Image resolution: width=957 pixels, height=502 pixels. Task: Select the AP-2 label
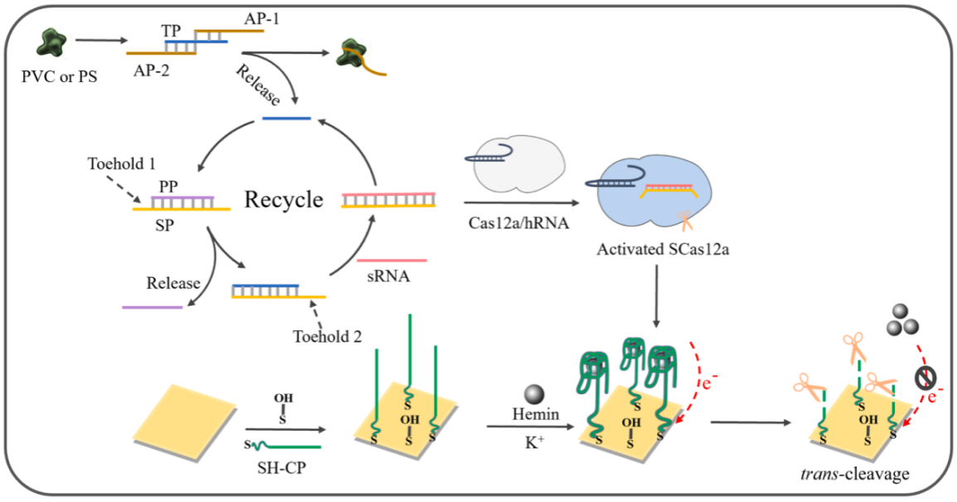coord(152,71)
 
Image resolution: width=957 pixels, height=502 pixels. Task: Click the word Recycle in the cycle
coord(283,200)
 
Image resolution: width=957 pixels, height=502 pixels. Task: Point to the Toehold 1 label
coord(121,162)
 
